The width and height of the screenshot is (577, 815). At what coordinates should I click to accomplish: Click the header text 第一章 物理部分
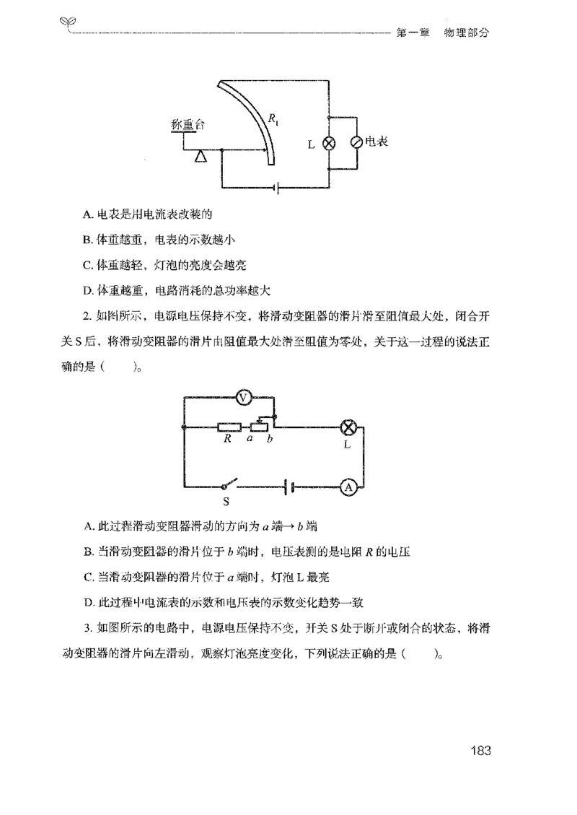point(443,33)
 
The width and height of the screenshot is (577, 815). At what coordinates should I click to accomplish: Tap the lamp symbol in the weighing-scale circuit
point(329,143)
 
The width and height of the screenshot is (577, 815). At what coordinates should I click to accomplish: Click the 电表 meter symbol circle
point(356,143)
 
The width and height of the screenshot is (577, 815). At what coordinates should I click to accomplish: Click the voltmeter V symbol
point(244,396)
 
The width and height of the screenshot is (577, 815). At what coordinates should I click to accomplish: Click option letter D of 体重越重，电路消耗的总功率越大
point(87,291)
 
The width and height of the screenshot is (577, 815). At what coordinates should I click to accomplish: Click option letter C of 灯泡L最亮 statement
point(87,575)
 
